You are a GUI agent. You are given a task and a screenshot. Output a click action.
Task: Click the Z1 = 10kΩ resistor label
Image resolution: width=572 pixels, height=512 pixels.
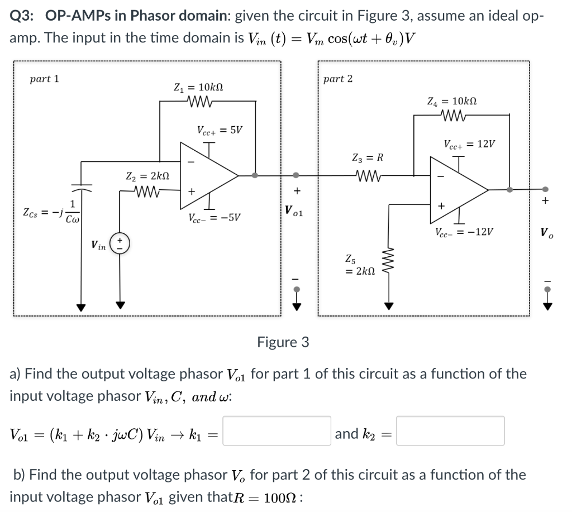coord(199,88)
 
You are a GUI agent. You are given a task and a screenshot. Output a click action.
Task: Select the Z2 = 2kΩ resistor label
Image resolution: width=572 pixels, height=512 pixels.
coord(144,177)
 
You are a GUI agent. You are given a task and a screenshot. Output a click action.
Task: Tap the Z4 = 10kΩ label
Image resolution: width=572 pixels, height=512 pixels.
coord(451,102)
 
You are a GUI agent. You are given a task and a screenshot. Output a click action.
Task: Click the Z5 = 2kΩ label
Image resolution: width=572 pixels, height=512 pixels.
coord(361,265)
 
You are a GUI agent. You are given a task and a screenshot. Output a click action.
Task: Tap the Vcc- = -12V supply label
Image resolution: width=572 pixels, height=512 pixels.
coord(463,232)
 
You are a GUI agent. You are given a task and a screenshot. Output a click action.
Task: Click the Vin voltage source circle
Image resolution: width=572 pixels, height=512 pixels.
coord(118,244)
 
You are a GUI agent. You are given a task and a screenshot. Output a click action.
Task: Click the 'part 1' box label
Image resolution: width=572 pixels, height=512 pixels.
coord(44,79)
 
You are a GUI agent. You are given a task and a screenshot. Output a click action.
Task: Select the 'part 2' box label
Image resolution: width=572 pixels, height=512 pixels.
coord(338,79)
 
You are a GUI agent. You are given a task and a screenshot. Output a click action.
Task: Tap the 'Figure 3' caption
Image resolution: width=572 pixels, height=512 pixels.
coord(283,342)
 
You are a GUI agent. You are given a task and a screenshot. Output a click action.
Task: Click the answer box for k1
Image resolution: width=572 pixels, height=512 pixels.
coord(277,430)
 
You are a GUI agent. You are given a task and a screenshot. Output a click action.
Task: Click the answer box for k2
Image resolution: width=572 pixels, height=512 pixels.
coord(450,430)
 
